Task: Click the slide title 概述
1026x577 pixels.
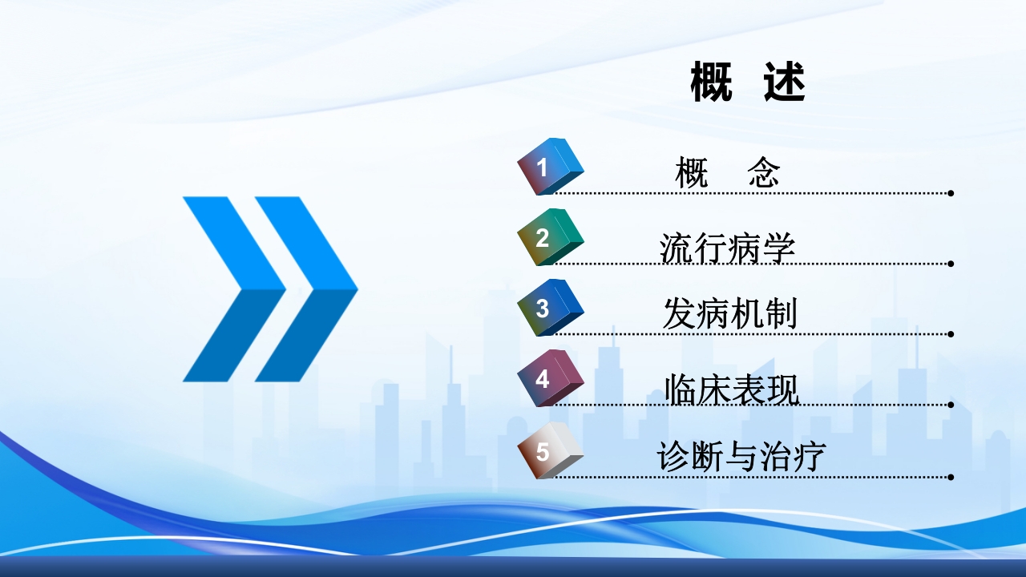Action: (x=748, y=82)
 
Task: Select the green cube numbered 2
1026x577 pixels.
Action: (x=550, y=237)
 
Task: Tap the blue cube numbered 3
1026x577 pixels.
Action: (x=550, y=308)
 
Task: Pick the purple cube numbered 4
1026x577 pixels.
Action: (x=550, y=378)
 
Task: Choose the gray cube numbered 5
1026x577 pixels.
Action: (x=550, y=450)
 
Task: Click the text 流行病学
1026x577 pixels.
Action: (x=727, y=248)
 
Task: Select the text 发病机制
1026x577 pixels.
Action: (x=730, y=313)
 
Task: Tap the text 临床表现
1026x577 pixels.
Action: (x=732, y=389)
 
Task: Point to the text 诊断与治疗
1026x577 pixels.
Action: (x=741, y=457)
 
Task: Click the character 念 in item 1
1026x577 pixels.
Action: (x=764, y=172)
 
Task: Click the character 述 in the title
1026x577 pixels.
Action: (x=785, y=82)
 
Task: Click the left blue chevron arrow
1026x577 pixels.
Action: (x=234, y=289)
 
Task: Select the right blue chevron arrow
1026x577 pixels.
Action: (x=306, y=289)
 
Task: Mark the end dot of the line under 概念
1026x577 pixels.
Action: (x=951, y=193)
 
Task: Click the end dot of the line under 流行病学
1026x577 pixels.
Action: (x=951, y=264)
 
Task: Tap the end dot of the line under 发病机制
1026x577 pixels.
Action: (x=951, y=334)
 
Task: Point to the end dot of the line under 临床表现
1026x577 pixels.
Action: (x=951, y=405)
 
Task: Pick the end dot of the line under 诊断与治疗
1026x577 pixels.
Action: (x=951, y=477)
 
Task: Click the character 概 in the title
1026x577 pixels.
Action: (x=711, y=82)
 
